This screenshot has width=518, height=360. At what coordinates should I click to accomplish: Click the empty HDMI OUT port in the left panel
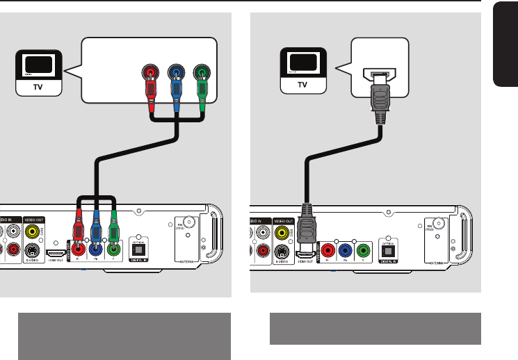[x=56, y=254]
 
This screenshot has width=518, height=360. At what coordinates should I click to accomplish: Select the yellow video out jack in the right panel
[x=282, y=229]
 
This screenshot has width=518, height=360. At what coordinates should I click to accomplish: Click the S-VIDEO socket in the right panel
[x=282, y=251]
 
